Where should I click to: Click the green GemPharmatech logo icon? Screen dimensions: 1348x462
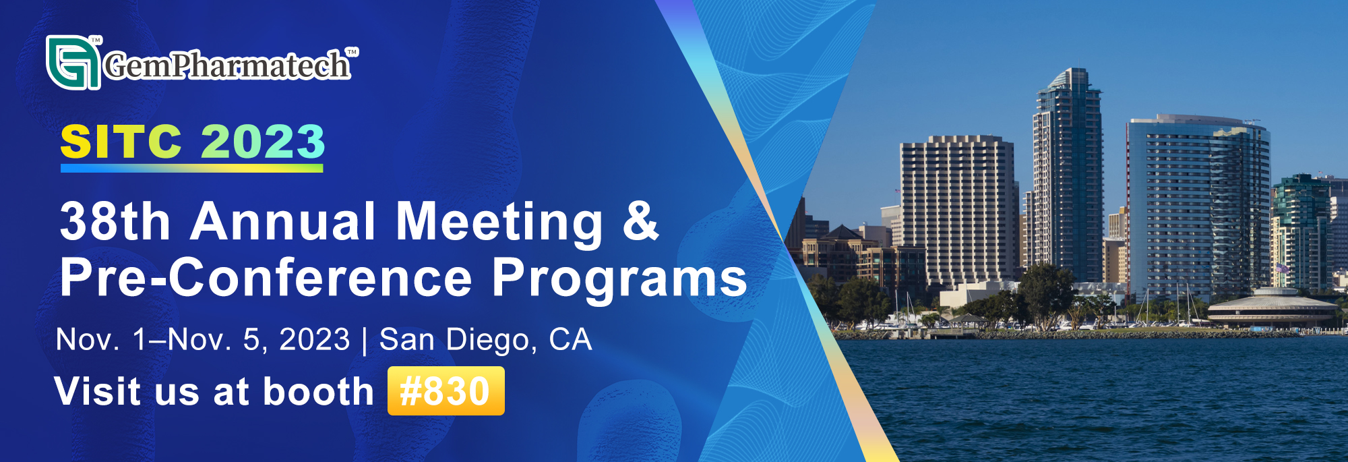(73, 62)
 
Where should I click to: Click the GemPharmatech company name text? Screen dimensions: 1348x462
(227, 65)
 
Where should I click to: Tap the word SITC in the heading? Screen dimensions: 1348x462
(121, 142)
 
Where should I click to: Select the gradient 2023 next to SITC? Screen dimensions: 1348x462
(263, 142)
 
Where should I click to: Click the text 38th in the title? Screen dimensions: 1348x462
(115, 221)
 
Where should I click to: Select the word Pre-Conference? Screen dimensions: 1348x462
(266, 277)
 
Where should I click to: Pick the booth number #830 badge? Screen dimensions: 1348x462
(446, 391)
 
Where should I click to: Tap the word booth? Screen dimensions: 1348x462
(318, 391)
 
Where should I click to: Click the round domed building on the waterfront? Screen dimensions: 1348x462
(1272, 307)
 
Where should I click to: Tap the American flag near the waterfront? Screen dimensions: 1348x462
(1281, 268)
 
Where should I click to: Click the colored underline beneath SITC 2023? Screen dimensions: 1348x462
(192, 169)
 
